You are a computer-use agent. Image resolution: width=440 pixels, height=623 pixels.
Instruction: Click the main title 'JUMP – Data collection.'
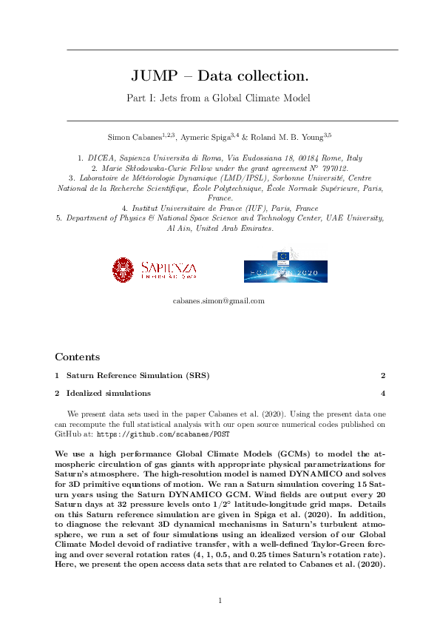pyautogui.click(x=220, y=76)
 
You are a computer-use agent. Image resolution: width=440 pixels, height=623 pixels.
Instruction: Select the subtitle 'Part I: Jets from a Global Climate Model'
pyautogui.click(x=220, y=98)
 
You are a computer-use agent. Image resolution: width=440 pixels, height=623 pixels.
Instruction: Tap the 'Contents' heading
pyautogui.click(x=77, y=357)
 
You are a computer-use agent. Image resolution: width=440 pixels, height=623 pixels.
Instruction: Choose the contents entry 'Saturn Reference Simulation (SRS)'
pyautogui.click(x=138, y=376)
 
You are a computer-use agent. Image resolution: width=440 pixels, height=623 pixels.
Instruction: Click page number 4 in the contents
pyautogui.click(x=382, y=394)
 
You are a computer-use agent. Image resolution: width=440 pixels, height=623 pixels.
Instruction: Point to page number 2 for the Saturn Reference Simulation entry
pyautogui.click(x=382, y=376)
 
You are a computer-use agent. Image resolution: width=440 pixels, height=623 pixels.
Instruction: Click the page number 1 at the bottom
pyautogui.click(x=220, y=600)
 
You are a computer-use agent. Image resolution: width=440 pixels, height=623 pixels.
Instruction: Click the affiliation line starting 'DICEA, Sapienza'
pyautogui.click(x=220, y=158)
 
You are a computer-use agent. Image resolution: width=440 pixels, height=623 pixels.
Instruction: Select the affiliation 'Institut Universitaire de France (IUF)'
pyautogui.click(x=220, y=209)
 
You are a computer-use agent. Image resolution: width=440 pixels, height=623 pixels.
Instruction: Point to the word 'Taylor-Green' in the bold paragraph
pyautogui.click(x=344, y=545)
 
